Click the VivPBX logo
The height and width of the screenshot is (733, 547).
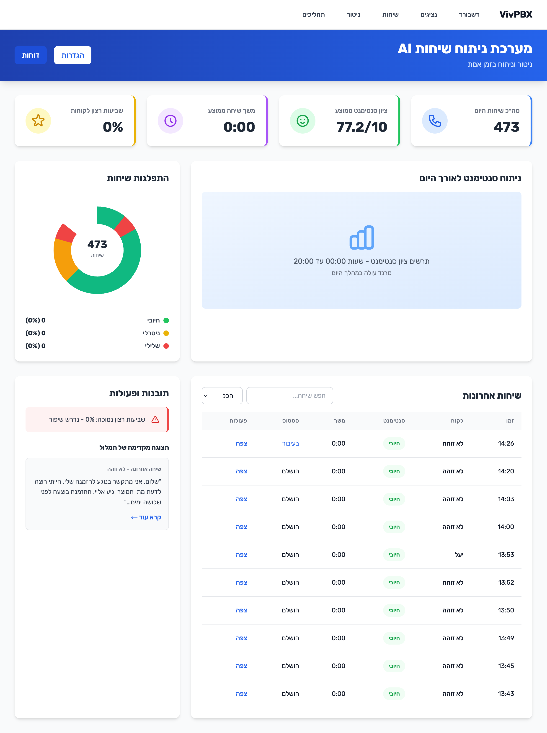click(516, 15)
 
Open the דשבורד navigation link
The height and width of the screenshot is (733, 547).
click(469, 15)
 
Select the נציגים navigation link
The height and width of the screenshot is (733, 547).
click(428, 15)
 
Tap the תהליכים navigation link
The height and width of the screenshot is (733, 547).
click(313, 15)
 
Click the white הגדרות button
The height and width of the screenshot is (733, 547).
click(72, 55)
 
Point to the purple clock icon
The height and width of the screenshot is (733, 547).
click(170, 121)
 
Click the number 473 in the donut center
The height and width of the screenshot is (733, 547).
click(97, 244)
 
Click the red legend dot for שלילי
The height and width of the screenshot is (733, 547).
click(166, 346)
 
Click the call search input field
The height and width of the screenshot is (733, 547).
click(290, 396)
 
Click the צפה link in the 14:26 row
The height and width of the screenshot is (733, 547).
click(241, 444)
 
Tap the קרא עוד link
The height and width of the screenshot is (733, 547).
click(146, 517)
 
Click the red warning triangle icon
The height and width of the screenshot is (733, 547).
click(155, 420)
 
